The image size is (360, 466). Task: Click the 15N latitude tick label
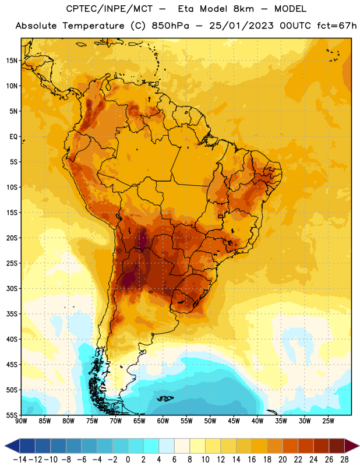pos(12,61)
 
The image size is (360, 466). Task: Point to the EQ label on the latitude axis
pos(13,137)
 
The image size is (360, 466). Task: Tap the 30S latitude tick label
pos(12,288)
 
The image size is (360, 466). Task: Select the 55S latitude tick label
pos(12,415)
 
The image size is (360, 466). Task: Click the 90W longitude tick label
pos(21,421)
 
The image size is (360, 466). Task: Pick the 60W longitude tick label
pos(163,421)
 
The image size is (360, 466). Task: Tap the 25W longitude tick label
pos(328,421)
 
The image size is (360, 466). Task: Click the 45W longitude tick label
pos(234,421)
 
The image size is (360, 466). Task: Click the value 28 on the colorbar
pos(344,460)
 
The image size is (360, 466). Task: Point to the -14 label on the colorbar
pos(20,460)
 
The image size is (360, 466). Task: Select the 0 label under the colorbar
pos(128,460)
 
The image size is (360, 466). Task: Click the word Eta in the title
pos(186,9)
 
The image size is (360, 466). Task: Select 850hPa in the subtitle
pos(170,26)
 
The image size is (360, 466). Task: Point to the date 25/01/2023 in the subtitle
pos(241,26)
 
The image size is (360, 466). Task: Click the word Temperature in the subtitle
pos(93,26)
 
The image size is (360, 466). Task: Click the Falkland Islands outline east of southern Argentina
pos(165,398)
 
